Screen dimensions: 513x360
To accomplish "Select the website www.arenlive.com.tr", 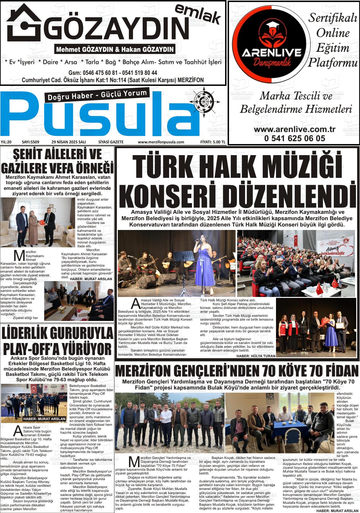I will [x=294, y=130].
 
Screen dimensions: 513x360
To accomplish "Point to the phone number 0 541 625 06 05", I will [x=294, y=138].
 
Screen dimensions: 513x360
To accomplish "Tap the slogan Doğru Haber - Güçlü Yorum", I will [x=97, y=95].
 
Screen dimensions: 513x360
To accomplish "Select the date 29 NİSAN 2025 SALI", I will [x=69, y=142].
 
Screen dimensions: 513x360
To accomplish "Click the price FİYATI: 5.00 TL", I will [x=213, y=142].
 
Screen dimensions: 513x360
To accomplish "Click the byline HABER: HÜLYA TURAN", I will [x=256, y=356].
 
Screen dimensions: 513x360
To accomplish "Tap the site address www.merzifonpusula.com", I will [x=161, y=142].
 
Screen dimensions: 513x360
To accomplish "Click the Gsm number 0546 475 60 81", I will [x=97, y=73].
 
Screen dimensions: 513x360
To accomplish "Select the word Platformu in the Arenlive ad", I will [x=331, y=63].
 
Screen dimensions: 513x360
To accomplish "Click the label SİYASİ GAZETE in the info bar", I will [x=111, y=142].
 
